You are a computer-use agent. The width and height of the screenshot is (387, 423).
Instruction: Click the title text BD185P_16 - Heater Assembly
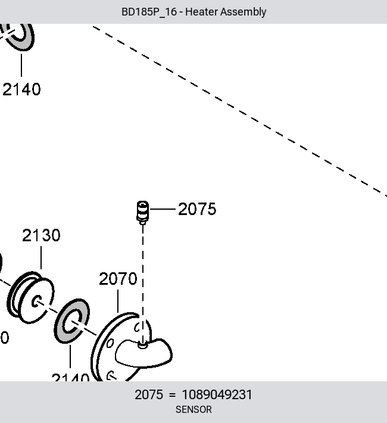[193, 12]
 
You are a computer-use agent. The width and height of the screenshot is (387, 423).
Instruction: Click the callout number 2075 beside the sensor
[197, 209]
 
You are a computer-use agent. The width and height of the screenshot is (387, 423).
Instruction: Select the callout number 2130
[41, 235]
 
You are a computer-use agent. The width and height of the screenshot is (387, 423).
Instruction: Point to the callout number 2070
[118, 279]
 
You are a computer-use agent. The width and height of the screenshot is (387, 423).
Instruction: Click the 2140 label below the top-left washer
[21, 89]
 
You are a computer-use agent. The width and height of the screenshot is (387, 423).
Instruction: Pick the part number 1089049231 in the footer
[217, 394]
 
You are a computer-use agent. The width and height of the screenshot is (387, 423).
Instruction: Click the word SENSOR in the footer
[193, 409]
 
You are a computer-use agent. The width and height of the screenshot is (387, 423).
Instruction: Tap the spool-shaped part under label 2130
[30, 297]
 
